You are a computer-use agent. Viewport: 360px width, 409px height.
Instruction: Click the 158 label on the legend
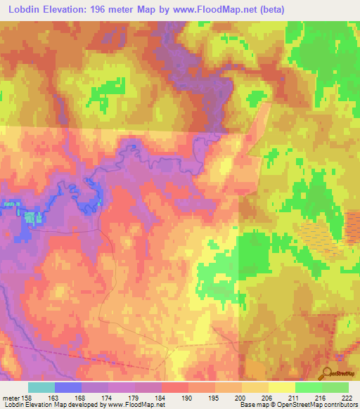point(27,398)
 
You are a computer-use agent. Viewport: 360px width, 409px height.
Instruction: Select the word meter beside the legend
point(10,398)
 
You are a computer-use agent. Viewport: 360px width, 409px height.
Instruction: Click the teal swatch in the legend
point(41,387)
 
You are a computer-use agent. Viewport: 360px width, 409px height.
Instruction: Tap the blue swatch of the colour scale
point(67,387)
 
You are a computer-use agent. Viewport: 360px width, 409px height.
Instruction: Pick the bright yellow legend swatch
point(281,387)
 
